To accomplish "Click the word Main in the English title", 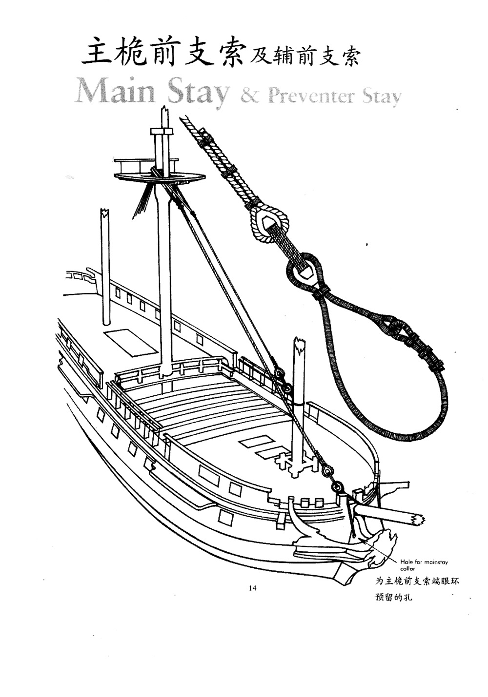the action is pyautogui.click(x=115, y=91).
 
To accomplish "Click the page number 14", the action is pyautogui.click(x=252, y=588).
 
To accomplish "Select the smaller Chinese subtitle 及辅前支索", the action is pyautogui.click(x=304, y=57).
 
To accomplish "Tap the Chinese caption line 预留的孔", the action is pyautogui.click(x=394, y=597).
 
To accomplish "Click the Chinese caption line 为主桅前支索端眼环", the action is pyautogui.click(x=417, y=581).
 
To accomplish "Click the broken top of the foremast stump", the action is pyautogui.click(x=298, y=344).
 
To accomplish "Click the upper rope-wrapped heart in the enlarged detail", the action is pyautogui.click(x=269, y=221).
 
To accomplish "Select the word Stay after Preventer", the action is pyautogui.click(x=382, y=97).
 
